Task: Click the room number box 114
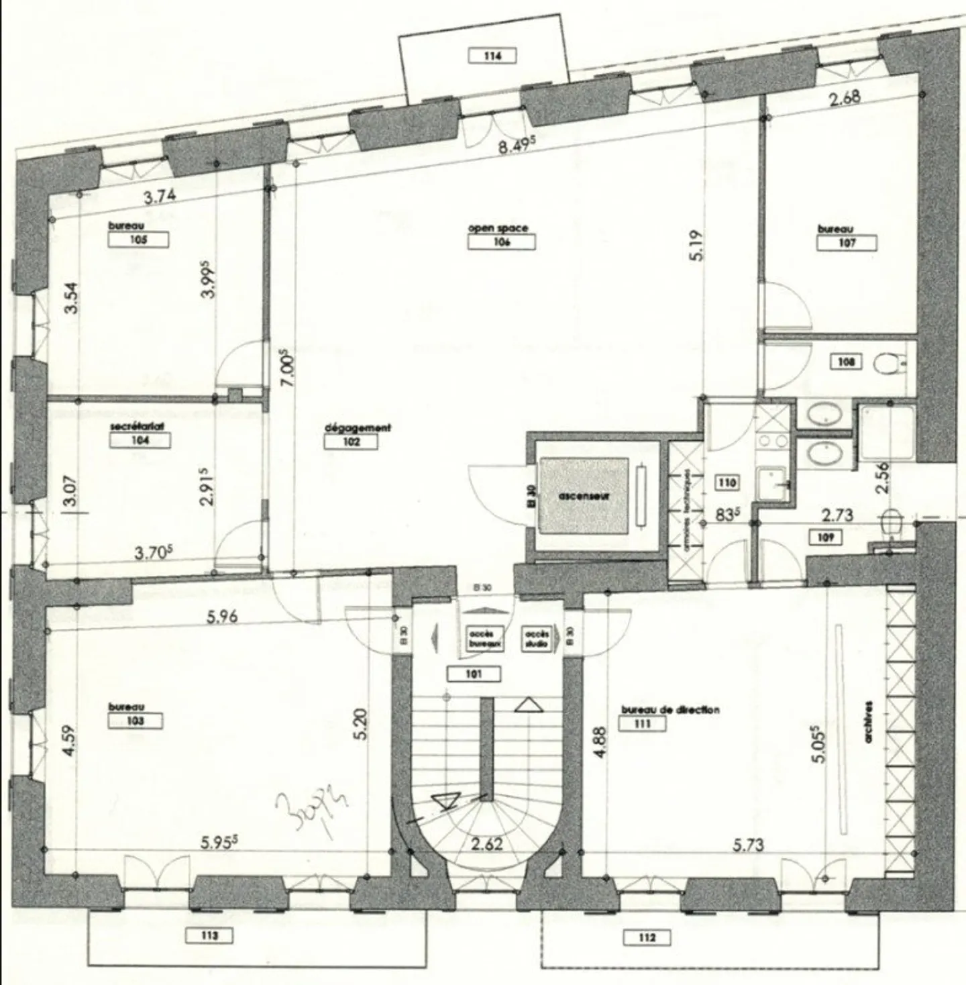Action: pos(492,56)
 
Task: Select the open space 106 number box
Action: pos(501,242)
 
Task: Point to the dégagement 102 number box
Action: pos(351,442)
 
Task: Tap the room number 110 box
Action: pos(727,482)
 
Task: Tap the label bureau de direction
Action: pos(670,710)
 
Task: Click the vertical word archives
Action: pos(869,722)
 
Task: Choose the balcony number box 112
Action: pos(647,937)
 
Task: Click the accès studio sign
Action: pos(537,638)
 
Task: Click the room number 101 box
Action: pos(474,674)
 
